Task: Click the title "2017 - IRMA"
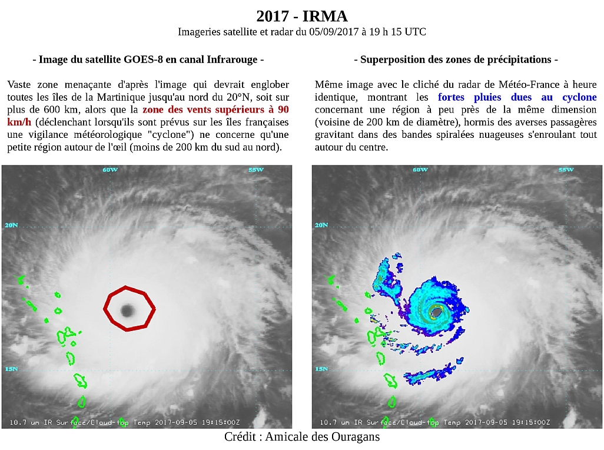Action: [302, 16]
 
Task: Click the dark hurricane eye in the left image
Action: [127, 310]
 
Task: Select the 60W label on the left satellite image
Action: [110, 170]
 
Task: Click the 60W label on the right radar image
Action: [420, 170]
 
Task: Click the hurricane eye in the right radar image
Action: [436, 310]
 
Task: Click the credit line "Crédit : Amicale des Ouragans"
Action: [302, 436]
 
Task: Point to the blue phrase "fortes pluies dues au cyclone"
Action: [517, 97]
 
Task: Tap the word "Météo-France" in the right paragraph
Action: [535, 84]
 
